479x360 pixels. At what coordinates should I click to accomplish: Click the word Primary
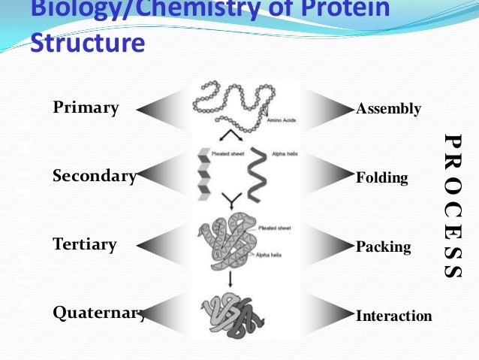click(x=86, y=107)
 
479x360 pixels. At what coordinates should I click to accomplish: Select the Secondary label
click(x=94, y=177)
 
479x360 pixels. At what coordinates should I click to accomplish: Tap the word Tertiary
click(x=85, y=244)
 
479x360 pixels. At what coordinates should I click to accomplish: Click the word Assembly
click(x=388, y=109)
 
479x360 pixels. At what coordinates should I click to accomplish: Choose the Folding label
click(x=381, y=178)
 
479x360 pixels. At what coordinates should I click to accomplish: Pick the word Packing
click(x=383, y=247)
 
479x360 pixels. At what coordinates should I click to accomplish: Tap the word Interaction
click(x=394, y=316)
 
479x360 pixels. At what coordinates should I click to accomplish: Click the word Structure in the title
click(x=87, y=43)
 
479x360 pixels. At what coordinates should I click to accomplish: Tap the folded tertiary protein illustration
click(x=229, y=241)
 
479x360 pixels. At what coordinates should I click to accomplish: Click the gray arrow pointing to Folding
click(x=327, y=178)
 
